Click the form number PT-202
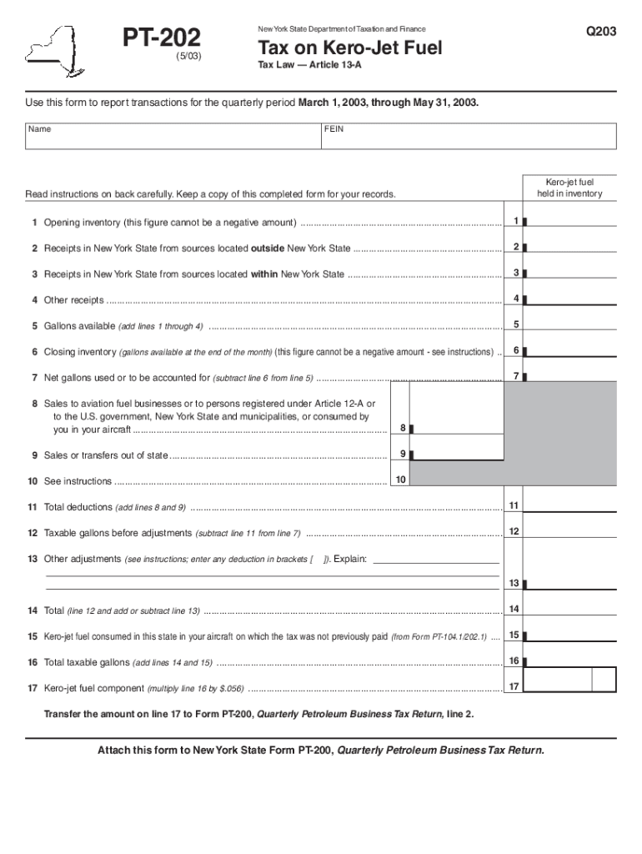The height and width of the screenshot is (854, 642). [x=162, y=38]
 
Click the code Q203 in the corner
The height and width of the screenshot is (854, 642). [x=599, y=32]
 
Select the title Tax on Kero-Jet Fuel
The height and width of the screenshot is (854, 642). [x=349, y=48]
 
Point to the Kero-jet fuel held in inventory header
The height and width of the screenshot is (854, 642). [x=569, y=188]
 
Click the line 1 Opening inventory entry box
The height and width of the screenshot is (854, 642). [x=571, y=221]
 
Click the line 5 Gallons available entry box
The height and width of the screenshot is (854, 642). [x=571, y=324]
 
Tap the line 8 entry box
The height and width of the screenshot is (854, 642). [x=458, y=428]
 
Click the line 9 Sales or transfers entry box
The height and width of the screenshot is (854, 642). [x=458, y=454]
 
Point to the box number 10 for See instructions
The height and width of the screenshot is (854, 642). [x=401, y=480]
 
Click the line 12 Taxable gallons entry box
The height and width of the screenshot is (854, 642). [x=571, y=531]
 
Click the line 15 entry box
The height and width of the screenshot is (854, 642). [x=571, y=635]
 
